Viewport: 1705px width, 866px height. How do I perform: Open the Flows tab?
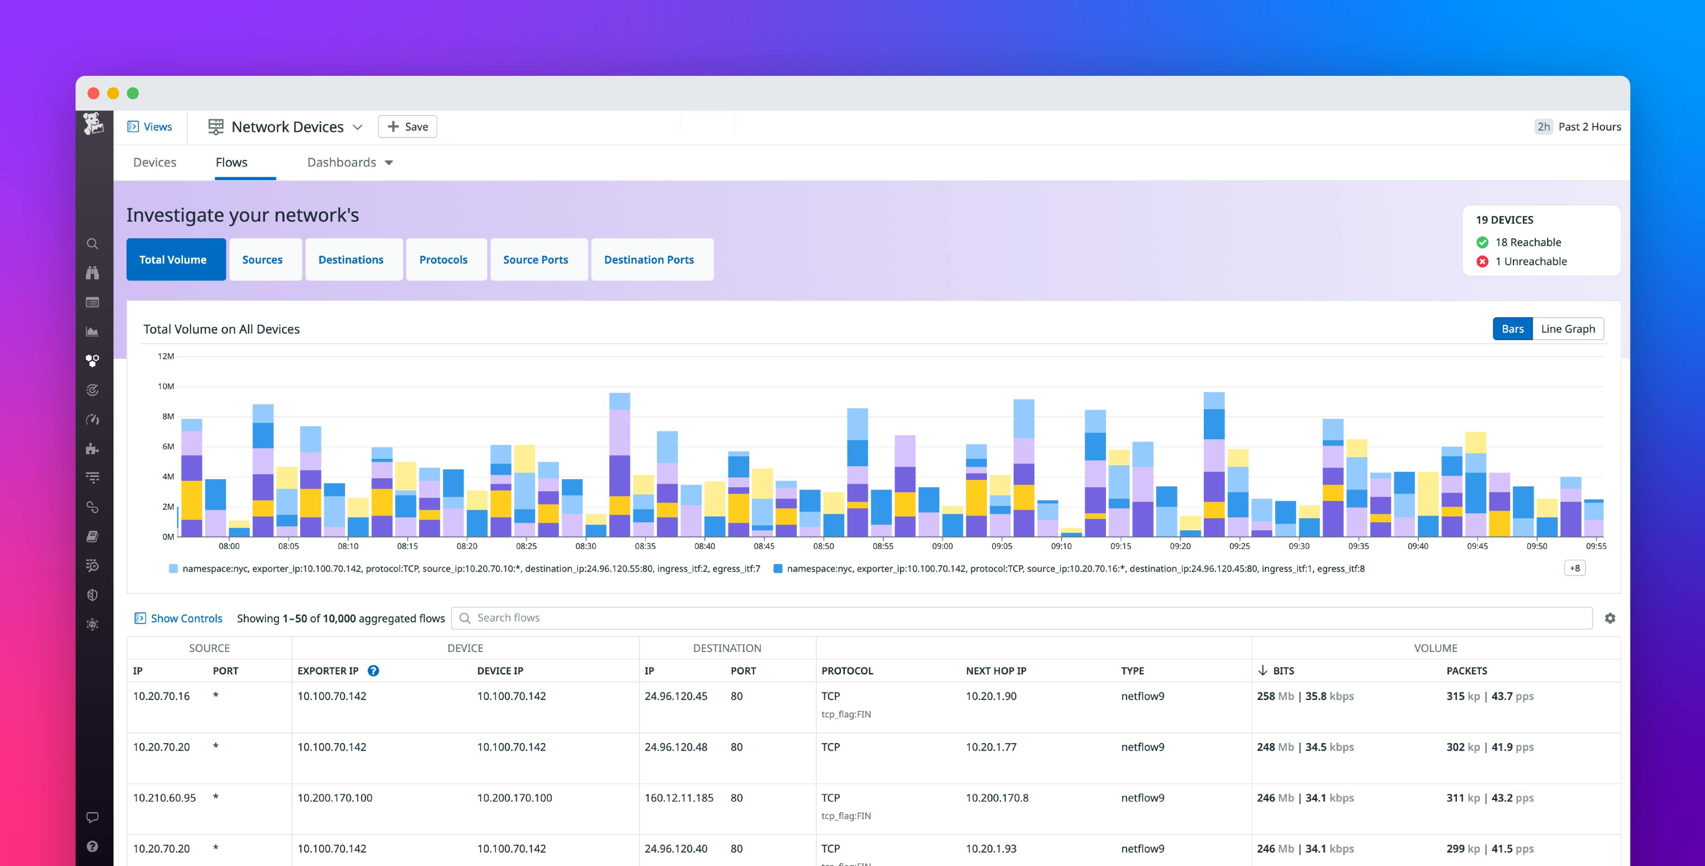[231, 162]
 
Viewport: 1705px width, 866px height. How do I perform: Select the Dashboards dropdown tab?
[350, 162]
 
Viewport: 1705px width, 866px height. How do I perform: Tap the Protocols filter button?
[443, 259]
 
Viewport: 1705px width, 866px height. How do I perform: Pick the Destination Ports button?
[649, 259]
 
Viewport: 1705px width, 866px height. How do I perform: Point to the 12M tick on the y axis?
[166, 356]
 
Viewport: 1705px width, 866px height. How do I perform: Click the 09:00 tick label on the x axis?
[942, 546]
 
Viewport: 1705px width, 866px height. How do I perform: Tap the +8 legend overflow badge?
[1574, 568]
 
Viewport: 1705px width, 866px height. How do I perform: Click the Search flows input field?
[1019, 618]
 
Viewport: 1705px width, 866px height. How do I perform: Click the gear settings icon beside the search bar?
[1610, 618]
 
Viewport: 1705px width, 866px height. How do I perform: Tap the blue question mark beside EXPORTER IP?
[373, 671]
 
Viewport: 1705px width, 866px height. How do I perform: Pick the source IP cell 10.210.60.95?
[164, 798]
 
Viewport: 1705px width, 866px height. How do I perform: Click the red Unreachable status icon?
[1482, 262]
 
